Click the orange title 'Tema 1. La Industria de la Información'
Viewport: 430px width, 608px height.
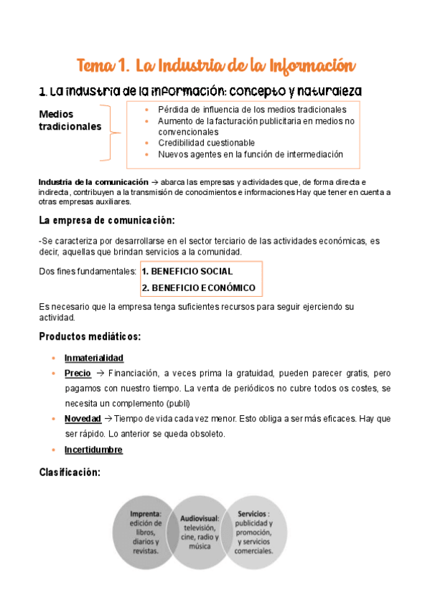click(x=215, y=67)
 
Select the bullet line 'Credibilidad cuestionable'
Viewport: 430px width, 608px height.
click(x=206, y=143)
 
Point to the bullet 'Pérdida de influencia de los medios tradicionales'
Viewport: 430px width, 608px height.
click(x=252, y=110)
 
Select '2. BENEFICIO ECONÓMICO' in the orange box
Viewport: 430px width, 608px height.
click(x=199, y=288)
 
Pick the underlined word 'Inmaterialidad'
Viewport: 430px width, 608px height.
click(x=93, y=358)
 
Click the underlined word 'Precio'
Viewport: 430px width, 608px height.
click(x=78, y=374)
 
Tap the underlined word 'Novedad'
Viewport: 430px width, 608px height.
click(x=83, y=418)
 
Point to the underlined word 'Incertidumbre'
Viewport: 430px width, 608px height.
click(x=93, y=450)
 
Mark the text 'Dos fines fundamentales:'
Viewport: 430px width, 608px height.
click(x=88, y=272)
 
